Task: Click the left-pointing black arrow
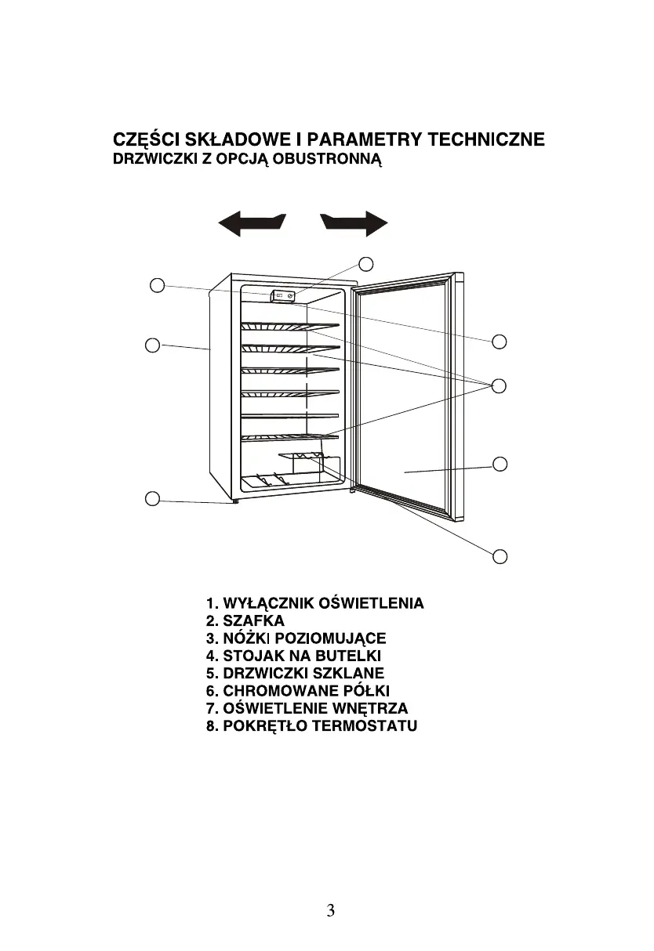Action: click(252, 224)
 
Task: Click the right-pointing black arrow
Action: click(354, 223)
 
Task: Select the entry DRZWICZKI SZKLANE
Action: click(295, 673)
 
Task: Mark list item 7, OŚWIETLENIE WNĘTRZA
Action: click(307, 708)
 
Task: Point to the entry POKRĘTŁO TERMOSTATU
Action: click(311, 725)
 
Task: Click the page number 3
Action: click(331, 910)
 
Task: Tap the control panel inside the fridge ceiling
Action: click(282, 296)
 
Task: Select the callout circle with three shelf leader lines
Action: click(500, 385)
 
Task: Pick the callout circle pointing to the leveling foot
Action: click(153, 497)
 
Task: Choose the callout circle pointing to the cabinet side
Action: click(153, 344)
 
